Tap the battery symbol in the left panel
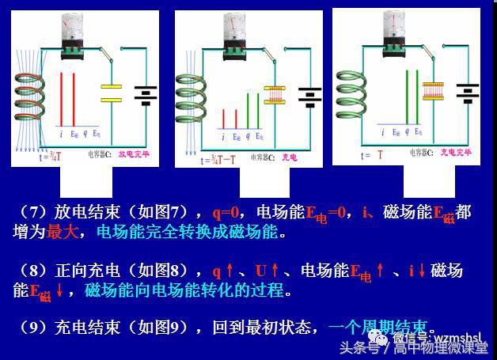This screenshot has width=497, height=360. [x=144, y=95]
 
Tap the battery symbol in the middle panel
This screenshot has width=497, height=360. [x=309, y=95]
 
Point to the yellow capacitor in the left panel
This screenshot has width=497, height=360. [x=112, y=93]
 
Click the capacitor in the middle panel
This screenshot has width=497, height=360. [x=273, y=95]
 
